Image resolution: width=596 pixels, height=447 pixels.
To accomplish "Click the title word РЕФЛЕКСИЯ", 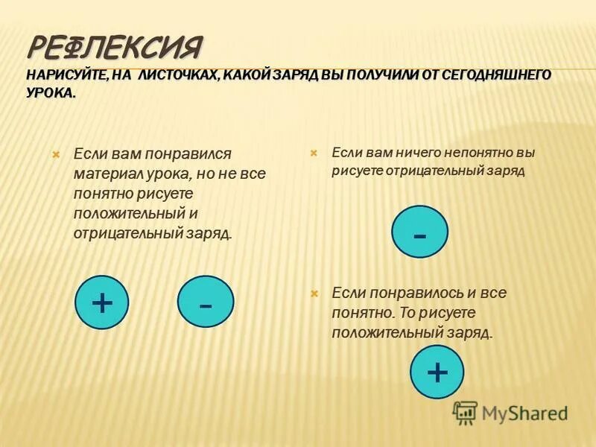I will click(x=115, y=48).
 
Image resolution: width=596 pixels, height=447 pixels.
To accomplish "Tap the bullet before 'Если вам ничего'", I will click(x=314, y=152).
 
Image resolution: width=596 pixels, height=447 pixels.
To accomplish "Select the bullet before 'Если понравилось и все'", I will click(x=314, y=294).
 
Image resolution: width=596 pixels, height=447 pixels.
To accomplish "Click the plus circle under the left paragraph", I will click(x=102, y=302).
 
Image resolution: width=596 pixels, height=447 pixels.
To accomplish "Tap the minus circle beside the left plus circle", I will click(x=206, y=302).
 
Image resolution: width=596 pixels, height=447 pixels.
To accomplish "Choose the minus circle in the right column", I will click(x=420, y=232).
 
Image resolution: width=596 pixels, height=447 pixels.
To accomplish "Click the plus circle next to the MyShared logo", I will click(x=437, y=370).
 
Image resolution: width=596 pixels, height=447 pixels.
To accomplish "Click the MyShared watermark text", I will click(x=524, y=412).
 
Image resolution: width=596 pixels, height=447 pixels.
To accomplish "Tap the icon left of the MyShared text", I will click(x=465, y=412).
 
